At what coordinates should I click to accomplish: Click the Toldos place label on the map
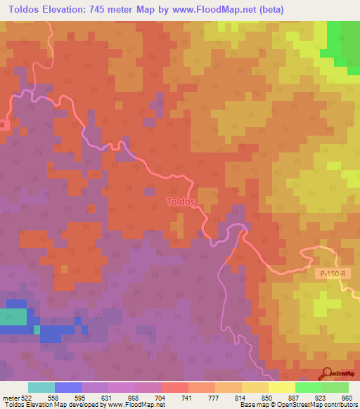(181, 202)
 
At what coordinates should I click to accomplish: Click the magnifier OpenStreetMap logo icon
(326, 373)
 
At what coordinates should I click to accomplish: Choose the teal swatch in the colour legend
(41, 387)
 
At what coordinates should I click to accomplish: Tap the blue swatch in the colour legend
(68, 387)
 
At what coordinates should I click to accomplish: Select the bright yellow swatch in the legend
(282, 387)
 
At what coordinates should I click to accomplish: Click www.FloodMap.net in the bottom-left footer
(142, 405)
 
